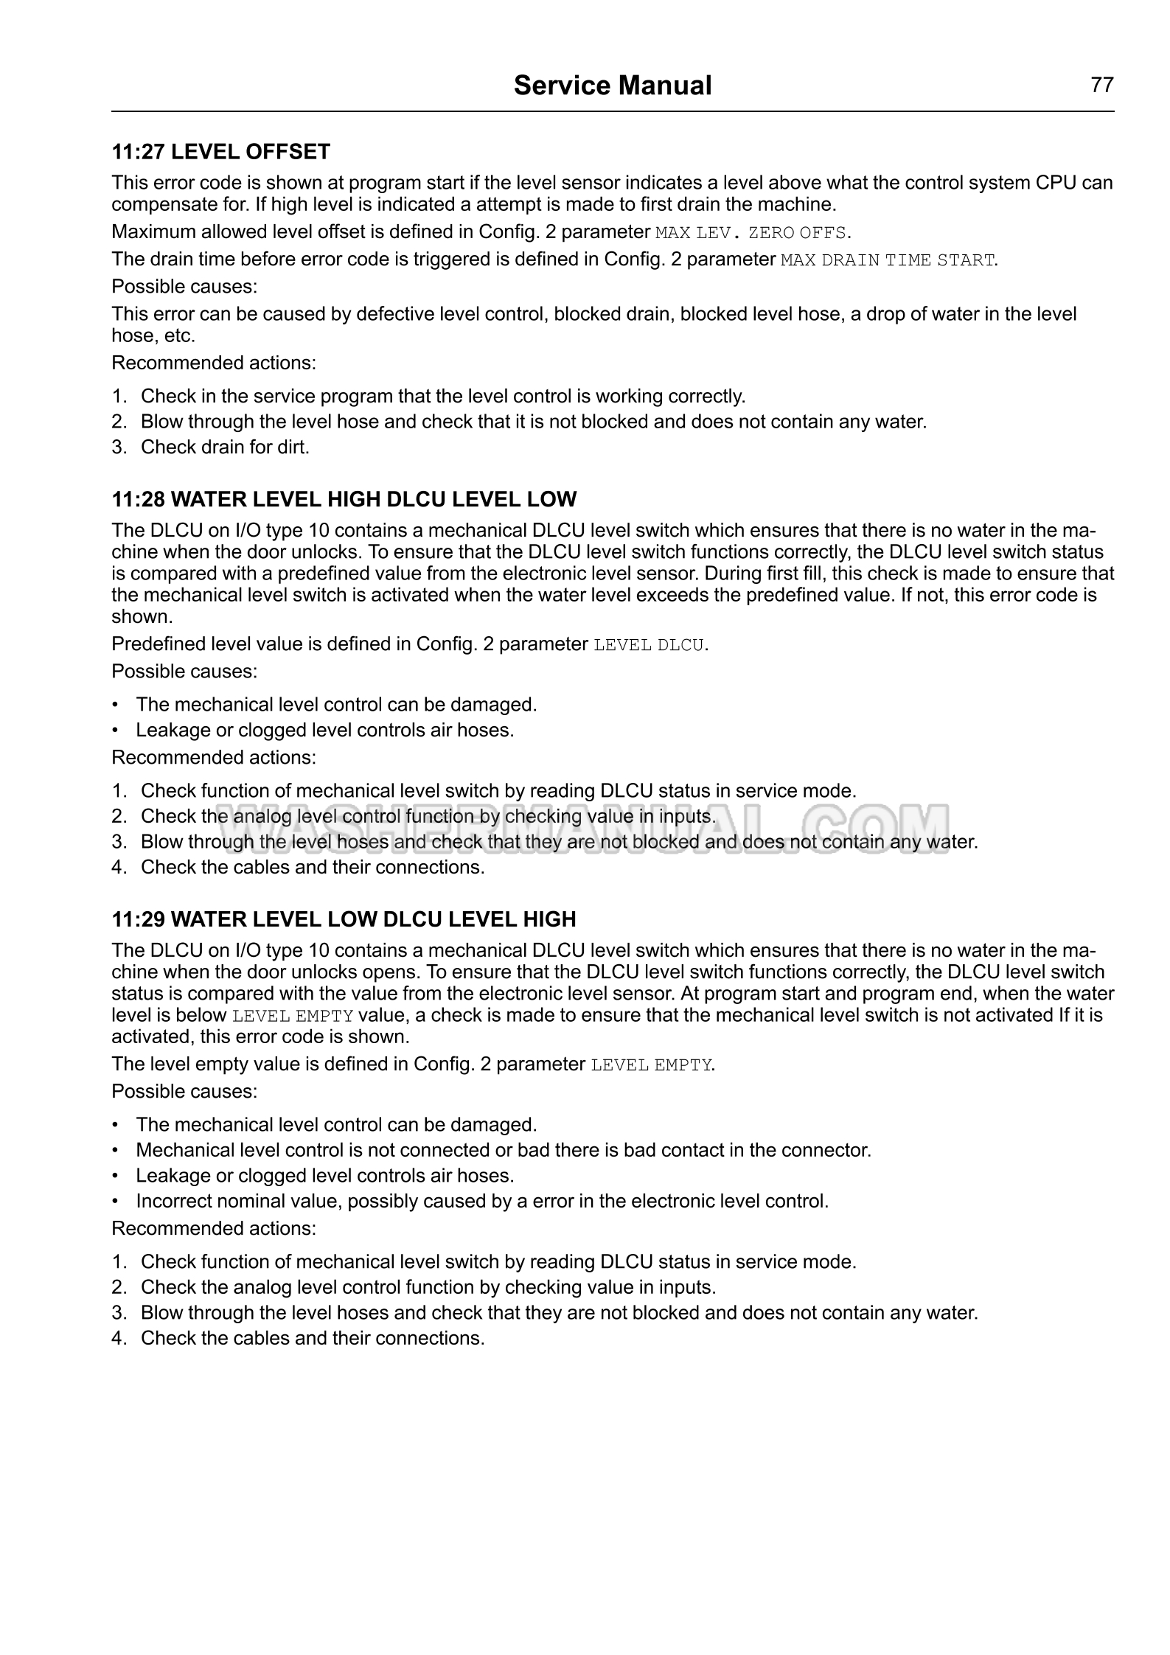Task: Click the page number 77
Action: pos(1101,86)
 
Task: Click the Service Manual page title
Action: pos(612,86)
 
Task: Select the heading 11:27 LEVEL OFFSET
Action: pos(220,152)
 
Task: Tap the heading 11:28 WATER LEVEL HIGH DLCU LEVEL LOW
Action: pos(344,499)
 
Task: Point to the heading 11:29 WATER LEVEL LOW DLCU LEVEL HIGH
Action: pos(344,919)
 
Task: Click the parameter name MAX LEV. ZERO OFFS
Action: pos(751,233)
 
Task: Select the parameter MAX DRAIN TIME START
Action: pos(888,260)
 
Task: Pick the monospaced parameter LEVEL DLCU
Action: pos(649,645)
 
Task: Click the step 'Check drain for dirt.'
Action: pos(224,447)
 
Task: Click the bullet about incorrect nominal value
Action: pos(481,1201)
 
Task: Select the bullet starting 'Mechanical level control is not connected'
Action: pos(503,1150)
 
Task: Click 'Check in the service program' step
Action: pos(442,397)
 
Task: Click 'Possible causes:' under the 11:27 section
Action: pos(184,286)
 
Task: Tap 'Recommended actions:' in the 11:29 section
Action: pos(214,1228)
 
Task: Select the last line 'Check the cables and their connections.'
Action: pos(312,1338)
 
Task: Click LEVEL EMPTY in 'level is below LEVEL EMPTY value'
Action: pos(293,1016)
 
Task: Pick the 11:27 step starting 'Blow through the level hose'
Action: pos(533,422)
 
